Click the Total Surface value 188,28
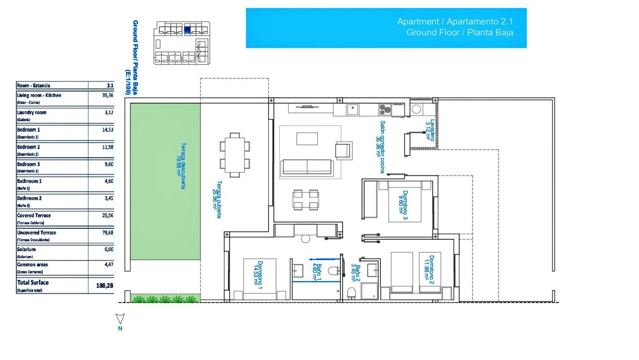point(105,286)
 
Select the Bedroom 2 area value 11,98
point(108,147)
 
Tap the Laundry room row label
point(32,113)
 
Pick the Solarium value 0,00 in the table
point(109,249)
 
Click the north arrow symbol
point(120,319)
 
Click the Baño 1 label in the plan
point(317,272)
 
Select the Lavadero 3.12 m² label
point(430,131)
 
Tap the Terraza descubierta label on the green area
point(181,166)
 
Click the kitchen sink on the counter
point(352,109)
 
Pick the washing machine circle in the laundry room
point(416,109)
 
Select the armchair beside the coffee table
point(343,150)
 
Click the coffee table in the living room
point(307,138)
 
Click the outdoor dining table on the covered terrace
point(235,155)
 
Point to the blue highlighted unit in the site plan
point(187,30)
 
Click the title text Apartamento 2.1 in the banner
point(479,21)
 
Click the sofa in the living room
point(307,167)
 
